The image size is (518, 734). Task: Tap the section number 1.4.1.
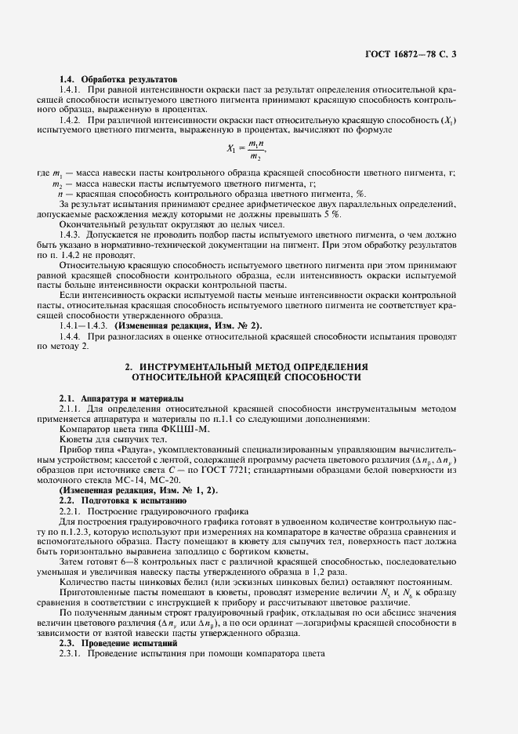71,92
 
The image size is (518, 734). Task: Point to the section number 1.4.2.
71,121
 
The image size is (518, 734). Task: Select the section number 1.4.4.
71,336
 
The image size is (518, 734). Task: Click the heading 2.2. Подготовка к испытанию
122,499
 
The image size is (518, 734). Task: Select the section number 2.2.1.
71,509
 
